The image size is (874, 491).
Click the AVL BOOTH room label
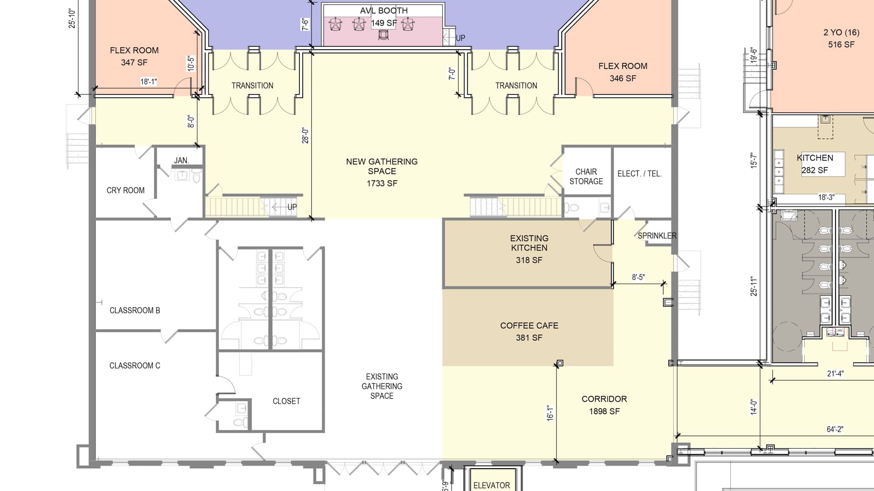(x=384, y=10)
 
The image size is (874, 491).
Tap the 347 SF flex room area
(x=134, y=62)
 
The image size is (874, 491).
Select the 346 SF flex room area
(x=623, y=78)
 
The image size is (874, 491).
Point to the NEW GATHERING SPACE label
(x=382, y=166)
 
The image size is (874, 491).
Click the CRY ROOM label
(x=126, y=190)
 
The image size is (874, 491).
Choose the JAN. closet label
(x=181, y=160)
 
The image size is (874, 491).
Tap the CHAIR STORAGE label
(x=586, y=176)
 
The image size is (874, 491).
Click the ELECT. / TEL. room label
(x=640, y=174)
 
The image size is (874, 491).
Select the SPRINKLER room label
(x=657, y=235)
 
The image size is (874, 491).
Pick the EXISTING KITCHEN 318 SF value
(x=529, y=260)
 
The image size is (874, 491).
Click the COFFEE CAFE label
(x=529, y=326)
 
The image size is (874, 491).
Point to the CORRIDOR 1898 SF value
(x=605, y=411)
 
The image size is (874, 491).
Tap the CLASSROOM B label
(x=135, y=311)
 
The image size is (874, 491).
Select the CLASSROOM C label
(x=135, y=366)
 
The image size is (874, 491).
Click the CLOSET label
(x=286, y=401)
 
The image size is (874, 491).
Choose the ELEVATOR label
(x=492, y=486)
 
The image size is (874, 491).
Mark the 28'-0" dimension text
(x=305, y=135)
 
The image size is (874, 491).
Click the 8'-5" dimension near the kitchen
(x=638, y=277)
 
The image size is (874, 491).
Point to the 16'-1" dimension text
(x=550, y=413)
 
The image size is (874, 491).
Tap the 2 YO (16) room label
(x=841, y=32)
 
